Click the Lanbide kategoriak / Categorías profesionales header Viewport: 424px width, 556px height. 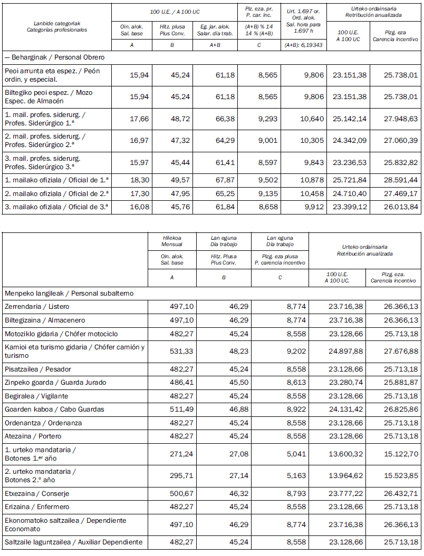(57, 26)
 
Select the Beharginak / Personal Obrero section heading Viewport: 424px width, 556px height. (54, 57)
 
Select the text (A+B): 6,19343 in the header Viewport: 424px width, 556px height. (303, 45)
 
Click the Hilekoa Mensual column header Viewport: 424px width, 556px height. (172, 241)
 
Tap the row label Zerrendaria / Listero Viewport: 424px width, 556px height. (37, 307)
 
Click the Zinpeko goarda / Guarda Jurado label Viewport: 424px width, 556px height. (55, 383)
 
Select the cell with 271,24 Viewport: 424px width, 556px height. (172, 454)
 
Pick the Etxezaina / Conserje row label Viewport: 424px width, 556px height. (37, 494)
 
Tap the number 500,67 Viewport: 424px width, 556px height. (172, 494)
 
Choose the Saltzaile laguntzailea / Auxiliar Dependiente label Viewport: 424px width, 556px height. (73, 542)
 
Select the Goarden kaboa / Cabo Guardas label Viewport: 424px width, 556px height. (54, 409)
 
